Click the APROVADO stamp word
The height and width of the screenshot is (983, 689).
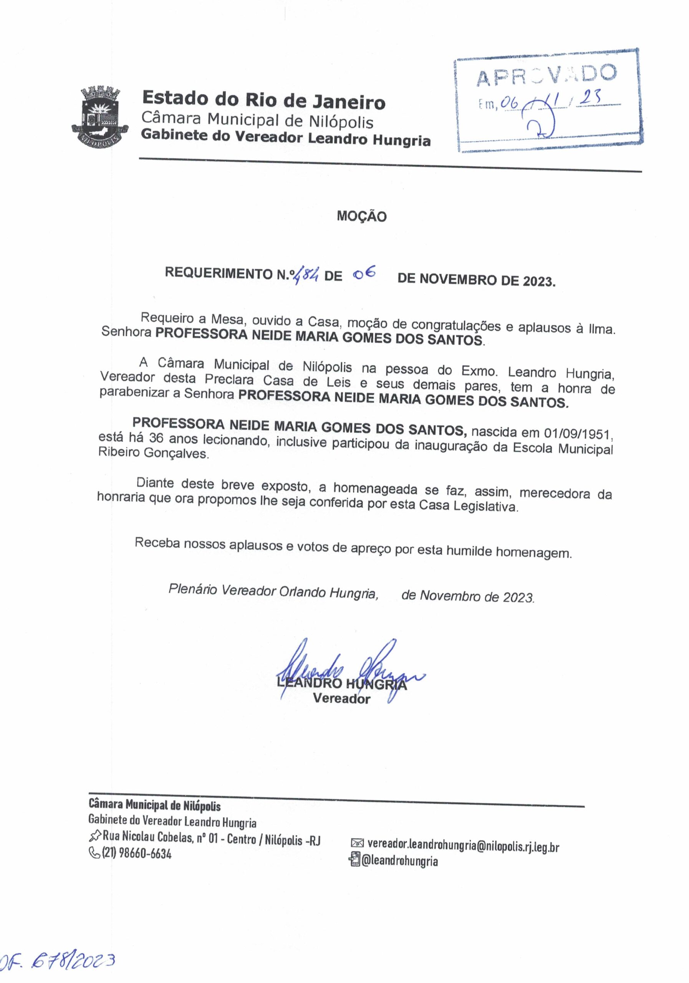pyautogui.click(x=546, y=75)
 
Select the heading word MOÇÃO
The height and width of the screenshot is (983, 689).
pyautogui.click(x=361, y=216)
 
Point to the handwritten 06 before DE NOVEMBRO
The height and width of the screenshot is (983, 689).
pyautogui.click(x=364, y=272)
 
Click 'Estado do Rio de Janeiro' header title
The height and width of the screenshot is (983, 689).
pyautogui.click(x=263, y=101)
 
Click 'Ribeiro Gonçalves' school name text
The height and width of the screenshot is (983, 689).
pyautogui.click(x=154, y=453)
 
